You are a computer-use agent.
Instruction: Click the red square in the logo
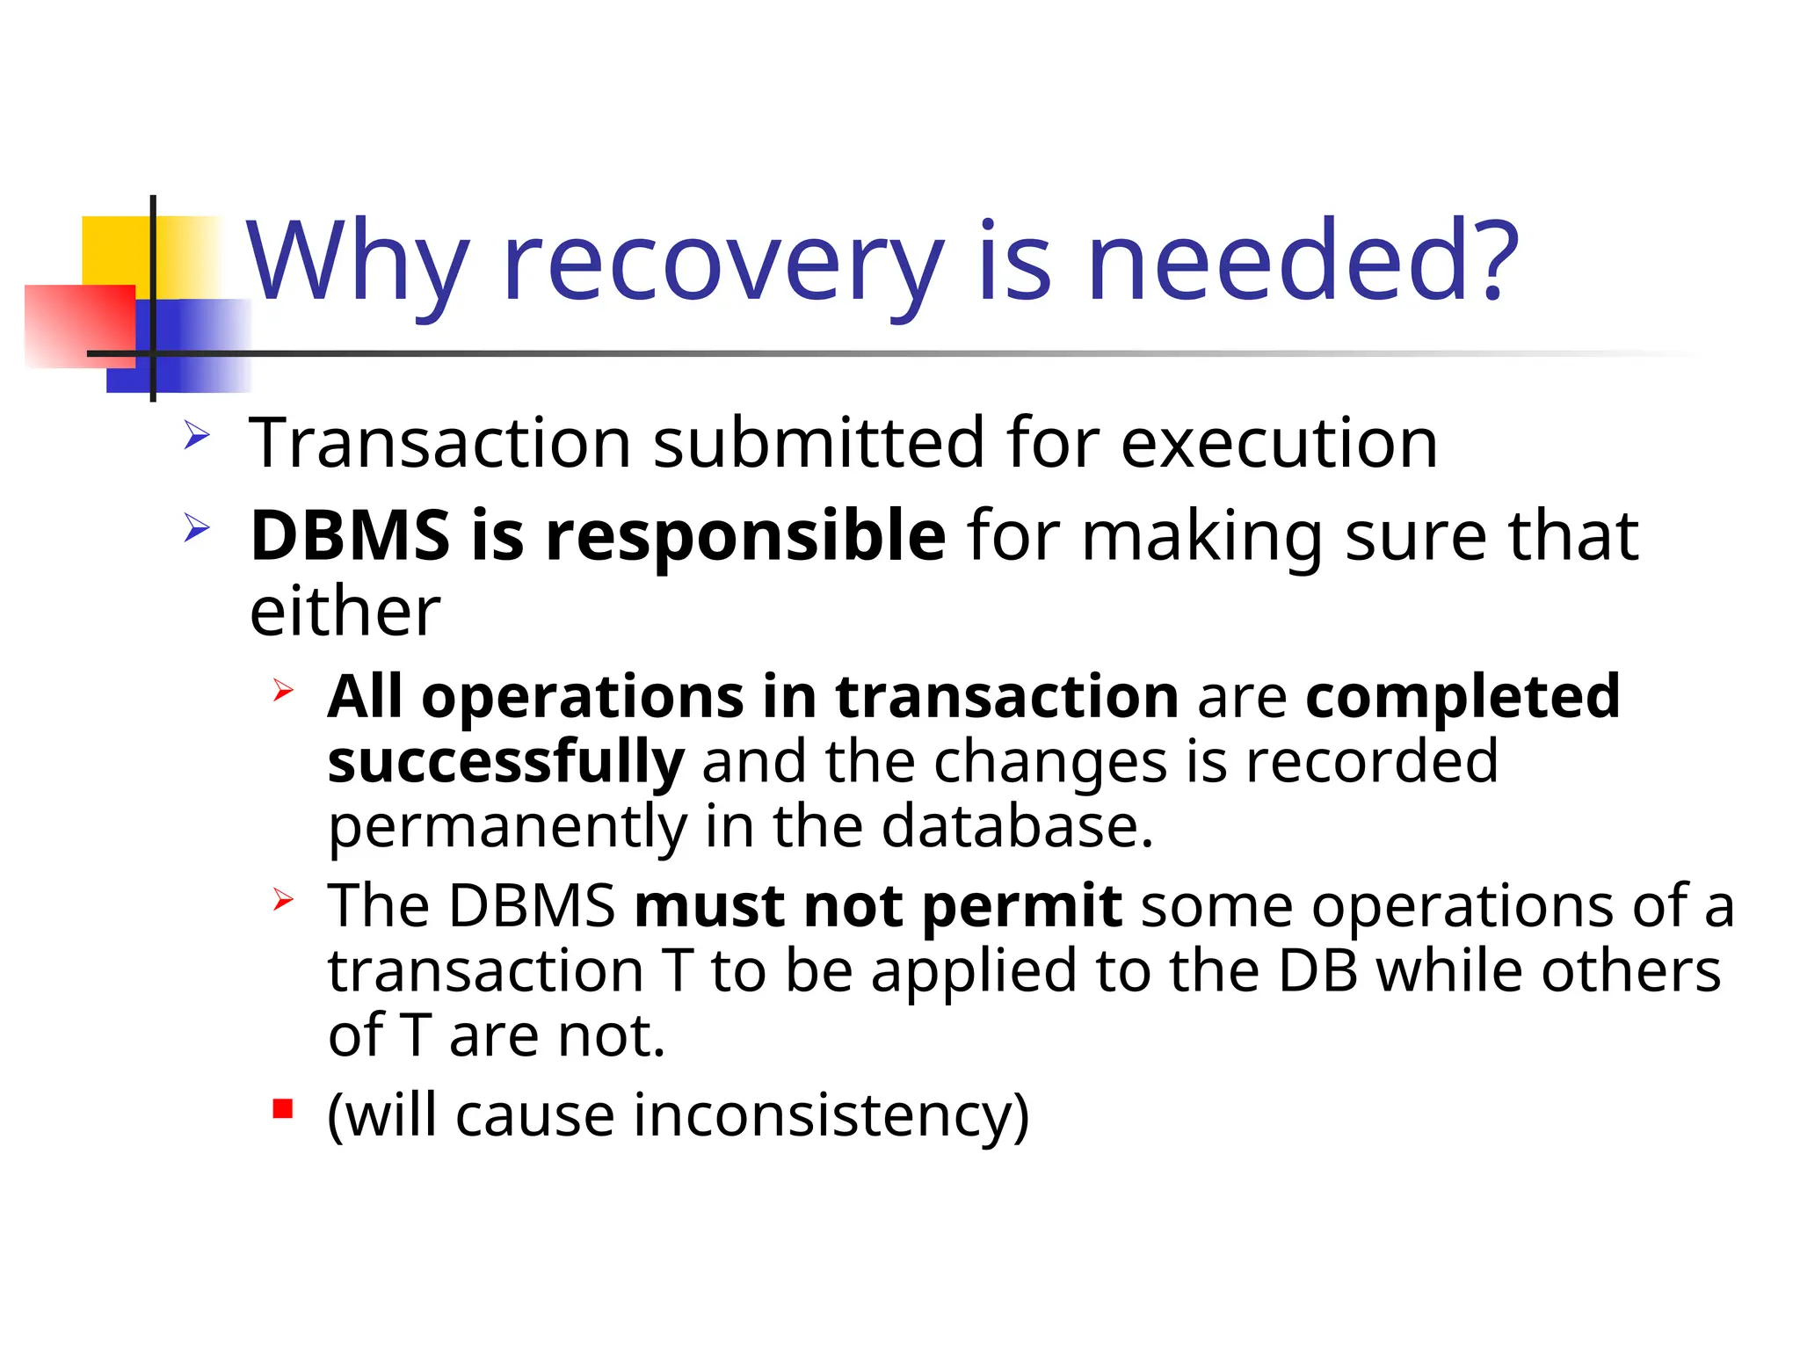click(79, 325)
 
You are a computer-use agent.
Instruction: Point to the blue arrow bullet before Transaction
click(197, 435)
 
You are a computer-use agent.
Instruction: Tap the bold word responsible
click(745, 537)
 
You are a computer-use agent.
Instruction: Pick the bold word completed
click(1462, 697)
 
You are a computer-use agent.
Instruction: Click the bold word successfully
click(505, 762)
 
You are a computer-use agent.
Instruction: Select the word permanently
click(507, 827)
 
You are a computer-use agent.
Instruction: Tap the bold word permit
click(1022, 906)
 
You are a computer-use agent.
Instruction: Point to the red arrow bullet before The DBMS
click(282, 899)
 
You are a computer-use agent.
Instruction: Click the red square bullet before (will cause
click(282, 1108)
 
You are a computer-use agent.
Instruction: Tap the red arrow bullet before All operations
click(282, 690)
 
